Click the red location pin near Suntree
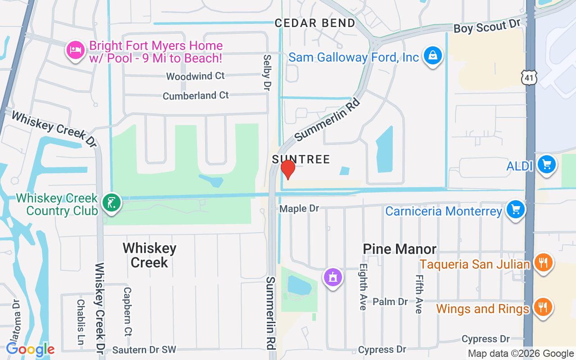(x=288, y=169)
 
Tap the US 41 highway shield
(x=530, y=78)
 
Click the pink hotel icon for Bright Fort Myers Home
(x=75, y=49)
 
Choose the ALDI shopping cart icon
(x=547, y=165)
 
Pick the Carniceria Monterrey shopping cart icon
(x=516, y=210)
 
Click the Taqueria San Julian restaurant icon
(x=543, y=262)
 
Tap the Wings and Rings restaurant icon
(x=543, y=308)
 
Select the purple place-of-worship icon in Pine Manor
(x=333, y=277)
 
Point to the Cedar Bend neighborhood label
(x=315, y=23)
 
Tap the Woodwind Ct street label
(x=195, y=76)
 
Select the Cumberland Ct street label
(x=196, y=95)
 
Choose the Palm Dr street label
(x=390, y=301)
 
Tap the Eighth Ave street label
(x=363, y=292)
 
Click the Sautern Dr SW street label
(x=144, y=350)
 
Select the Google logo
(x=30, y=349)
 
